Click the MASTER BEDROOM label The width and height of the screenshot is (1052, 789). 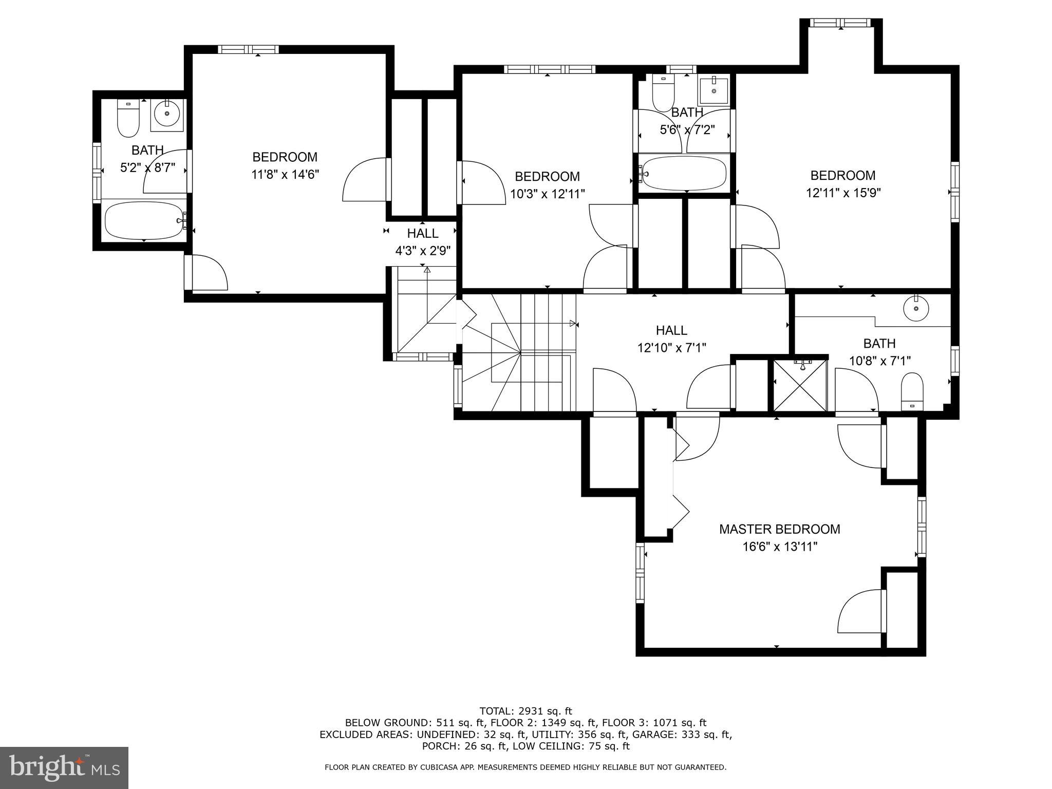[x=779, y=529]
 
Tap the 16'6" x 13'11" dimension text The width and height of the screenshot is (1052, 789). [x=779, y=547]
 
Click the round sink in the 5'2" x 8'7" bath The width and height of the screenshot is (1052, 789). [x=167, y=114]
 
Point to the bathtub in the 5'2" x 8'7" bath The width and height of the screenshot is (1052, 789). [x=145, y=220]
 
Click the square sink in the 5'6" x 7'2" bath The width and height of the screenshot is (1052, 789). [x=714, y=91]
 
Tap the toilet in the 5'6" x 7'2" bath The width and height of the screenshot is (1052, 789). [x=663, y=92]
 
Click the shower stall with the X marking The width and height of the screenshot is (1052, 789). [x=800, y=385]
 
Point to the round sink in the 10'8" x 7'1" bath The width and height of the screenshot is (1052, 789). [x=916, y=309]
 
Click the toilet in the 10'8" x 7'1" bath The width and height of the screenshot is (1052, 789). [x=912, y=391]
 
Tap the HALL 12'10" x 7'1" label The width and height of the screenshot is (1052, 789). [x=671, y=339]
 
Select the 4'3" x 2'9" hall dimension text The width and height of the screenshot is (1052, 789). [x=423, y=251]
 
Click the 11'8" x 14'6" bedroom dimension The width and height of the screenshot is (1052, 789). [x=285, y=175]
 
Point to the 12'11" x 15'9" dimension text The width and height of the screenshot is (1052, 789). [x=843, y=193]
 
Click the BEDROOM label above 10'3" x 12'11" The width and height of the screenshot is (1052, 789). [x=547, y=177]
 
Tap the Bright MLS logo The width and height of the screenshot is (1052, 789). [x=64, y=767]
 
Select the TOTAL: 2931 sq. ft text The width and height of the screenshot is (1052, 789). [x=525, y=711]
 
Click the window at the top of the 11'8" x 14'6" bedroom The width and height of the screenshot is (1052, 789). [x=248, y=49]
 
